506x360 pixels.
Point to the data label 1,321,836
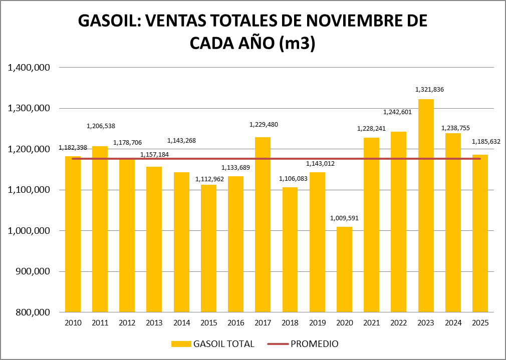pos(429,90)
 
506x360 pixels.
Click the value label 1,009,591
pos(344,218)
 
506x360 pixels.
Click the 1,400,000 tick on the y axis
pos(29,68)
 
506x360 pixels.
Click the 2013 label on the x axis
pos(154,323)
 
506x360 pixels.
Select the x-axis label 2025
pos(480,323)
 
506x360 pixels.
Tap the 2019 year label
pos(317,323)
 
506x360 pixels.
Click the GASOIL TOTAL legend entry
pos(213,344)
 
